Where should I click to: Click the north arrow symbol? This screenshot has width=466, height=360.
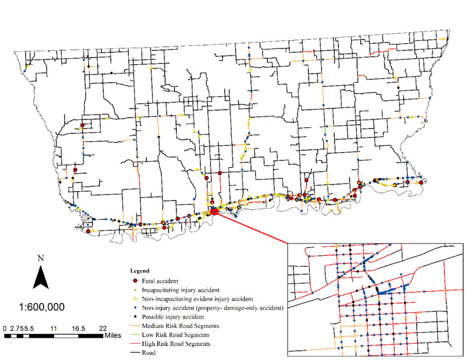[40, 276]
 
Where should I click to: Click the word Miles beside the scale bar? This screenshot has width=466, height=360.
[113, 336]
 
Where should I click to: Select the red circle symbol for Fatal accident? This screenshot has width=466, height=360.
[136, 281]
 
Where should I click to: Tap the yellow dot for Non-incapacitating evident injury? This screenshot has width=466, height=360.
[136, 298]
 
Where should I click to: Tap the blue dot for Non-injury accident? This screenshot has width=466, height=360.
[136, 306]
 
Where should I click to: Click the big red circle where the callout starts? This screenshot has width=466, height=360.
[214, 211]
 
